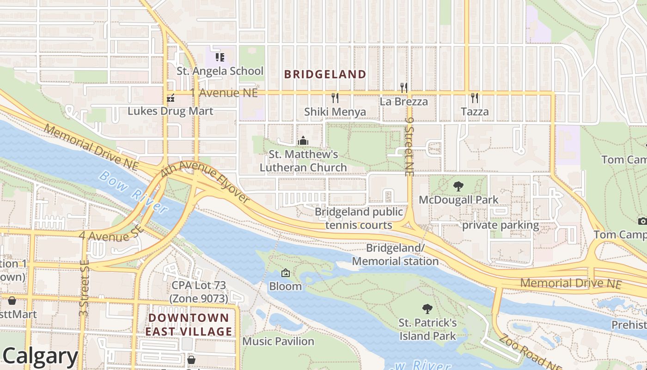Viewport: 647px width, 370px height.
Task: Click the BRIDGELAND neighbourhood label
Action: click(x=325, y=74)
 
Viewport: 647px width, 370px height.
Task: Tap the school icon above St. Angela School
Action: click(x=220, y=57)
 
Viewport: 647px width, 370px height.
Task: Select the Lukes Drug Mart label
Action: click(x=171, y=111)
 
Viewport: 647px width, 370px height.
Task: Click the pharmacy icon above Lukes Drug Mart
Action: click(x=171, y=98)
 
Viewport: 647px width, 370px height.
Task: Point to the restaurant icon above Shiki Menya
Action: click(x=335, y=98)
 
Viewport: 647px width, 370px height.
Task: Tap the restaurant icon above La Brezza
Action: click(x=403, y=87)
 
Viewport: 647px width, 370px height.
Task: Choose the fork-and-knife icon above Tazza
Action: click(x=474, y=98)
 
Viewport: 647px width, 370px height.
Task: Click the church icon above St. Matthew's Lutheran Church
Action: click(x=303, y=140)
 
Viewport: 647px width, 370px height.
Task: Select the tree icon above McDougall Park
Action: click(x=458, y=186)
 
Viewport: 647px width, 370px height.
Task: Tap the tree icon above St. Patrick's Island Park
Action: click(x=427, y=309)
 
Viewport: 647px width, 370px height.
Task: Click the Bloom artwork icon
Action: click(x=286, y=273)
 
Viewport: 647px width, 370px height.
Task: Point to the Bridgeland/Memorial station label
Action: click(x=395, y=255)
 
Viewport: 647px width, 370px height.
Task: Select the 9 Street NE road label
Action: click(x=409, y=146)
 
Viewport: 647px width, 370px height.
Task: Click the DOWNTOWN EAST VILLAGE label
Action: click(x=189, y=325)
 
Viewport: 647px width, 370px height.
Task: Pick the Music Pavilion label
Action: click(x=278, y=341)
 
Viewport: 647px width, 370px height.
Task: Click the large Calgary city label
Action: click(x=39, y=356)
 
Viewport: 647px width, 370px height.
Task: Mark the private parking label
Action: click(x=501, y=225)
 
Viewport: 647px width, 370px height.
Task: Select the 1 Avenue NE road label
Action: click(x=224, y=93)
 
